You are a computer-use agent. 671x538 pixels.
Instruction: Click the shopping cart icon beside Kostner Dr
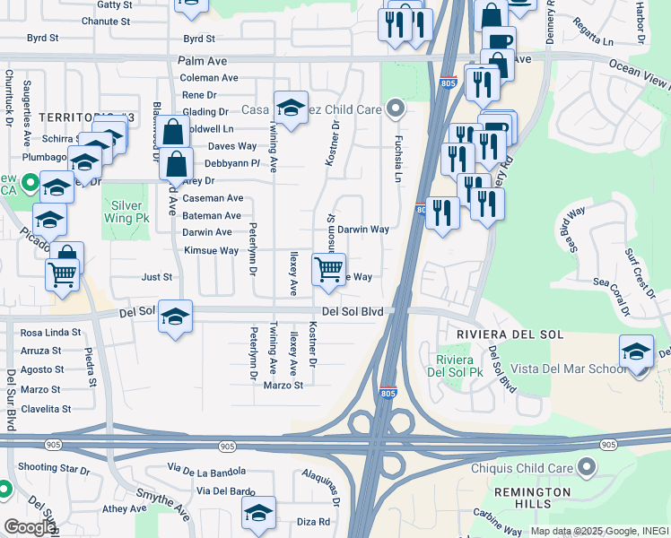click(329, 269)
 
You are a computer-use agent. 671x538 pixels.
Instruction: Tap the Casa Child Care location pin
click(396, 110)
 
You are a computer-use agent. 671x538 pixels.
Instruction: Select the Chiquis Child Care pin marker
click(587, 466)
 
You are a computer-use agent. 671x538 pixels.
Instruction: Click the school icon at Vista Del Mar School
click(636, 351)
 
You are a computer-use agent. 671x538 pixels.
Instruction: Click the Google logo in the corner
click(30, 526)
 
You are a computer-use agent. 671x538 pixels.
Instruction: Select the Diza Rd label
click(314, 521)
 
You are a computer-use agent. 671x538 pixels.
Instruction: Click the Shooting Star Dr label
click(50, 467)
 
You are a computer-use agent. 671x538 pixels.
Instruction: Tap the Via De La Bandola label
click(205, 469)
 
